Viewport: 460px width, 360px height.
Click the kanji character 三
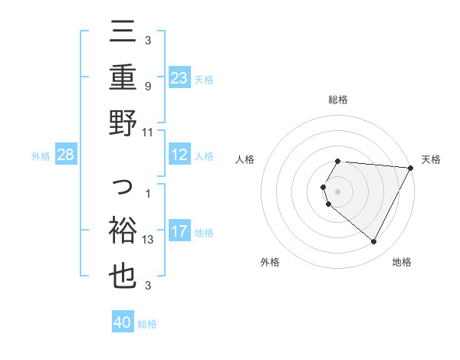tap(123, 33)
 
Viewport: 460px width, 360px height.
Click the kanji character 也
tap(123, 277)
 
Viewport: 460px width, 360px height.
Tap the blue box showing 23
tap(179, 78)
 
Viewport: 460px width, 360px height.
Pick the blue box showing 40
tap(123, 322)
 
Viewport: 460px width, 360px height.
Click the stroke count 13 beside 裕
tap(148, 240)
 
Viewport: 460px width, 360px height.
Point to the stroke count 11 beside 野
tap(148, 132)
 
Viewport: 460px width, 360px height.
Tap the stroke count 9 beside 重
tap(147, 86)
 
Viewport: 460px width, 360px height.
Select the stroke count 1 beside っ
tap(147, 194)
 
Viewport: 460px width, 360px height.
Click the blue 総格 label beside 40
tap(147, 324)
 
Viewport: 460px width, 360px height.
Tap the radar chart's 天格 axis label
tap(432, 159)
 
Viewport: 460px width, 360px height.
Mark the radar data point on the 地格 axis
tap(374, 242)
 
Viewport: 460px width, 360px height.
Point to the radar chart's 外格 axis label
tap(270, 262)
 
